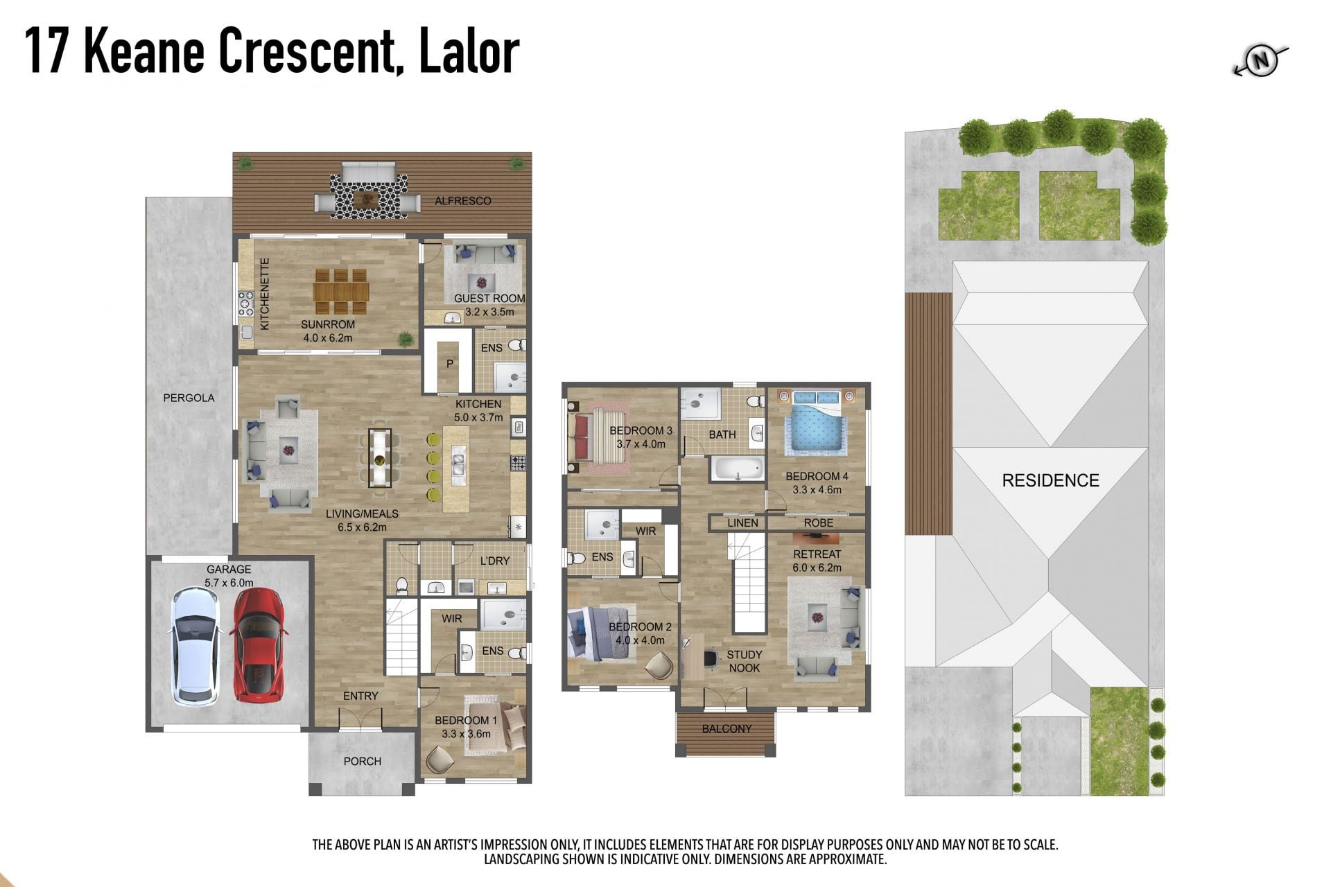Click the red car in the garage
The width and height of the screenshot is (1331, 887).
[x=259, y=644]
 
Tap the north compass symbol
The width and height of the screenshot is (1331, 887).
[x=1261, y=61]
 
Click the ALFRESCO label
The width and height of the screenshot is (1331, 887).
[x=463, y=201]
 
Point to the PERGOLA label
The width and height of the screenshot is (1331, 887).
[x=189, y=398]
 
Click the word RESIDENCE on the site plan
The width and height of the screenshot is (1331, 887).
[x=1050, y=480]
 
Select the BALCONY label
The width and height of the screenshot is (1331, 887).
[x=727, y=729]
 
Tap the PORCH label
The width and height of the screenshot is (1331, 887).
[x=363, y=762]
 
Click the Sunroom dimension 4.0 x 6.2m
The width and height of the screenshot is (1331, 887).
[x=328, y=338]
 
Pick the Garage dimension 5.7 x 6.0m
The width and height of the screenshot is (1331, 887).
[x=229, y=583]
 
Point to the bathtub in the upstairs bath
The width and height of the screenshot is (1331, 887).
[x=737, y=469]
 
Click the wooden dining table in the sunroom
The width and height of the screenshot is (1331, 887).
[x=340, y=292]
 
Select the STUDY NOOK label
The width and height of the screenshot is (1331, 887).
[x=745, y=661]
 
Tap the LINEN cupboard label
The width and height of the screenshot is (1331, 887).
[x=742, y=523]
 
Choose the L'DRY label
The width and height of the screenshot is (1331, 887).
[x=495, y=561]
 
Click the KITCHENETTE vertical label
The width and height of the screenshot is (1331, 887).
[x=264, y=294]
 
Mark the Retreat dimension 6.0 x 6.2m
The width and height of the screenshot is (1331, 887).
[x=817, y=568]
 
